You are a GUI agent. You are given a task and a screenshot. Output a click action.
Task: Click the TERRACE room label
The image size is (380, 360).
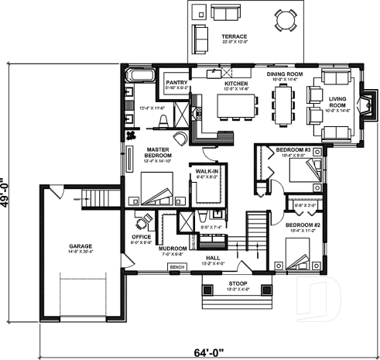[234, 36]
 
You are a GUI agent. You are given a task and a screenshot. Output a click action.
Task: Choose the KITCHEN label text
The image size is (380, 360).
[235, 82]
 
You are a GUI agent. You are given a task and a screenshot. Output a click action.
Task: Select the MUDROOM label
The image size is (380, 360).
[171, 249]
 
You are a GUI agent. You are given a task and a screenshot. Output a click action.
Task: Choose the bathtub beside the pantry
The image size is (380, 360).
[140, 75]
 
